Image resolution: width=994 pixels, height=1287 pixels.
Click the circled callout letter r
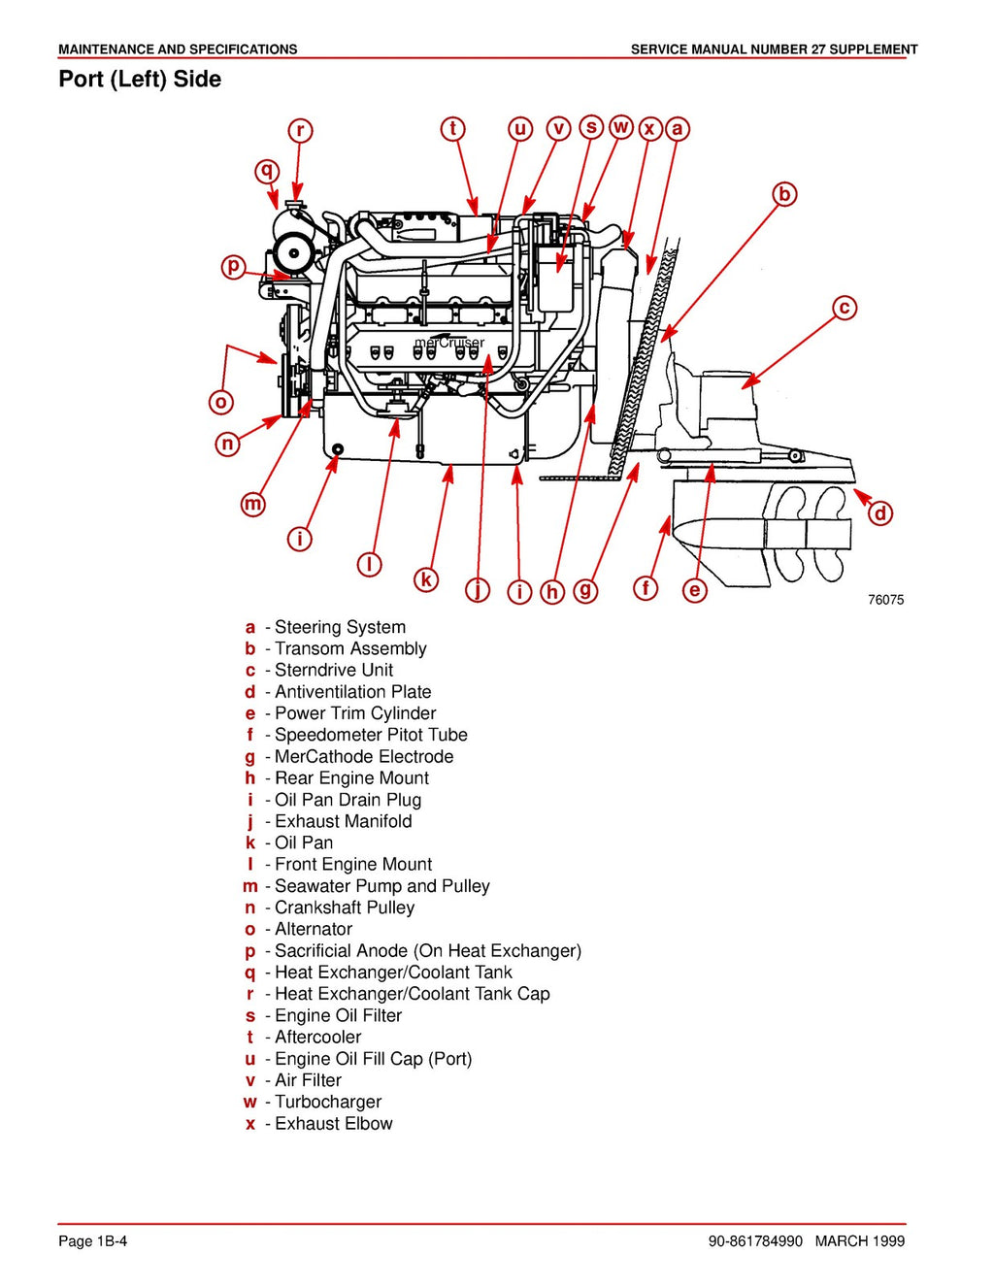[x=300, y=130]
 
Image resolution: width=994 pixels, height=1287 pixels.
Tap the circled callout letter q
[x=267, y=172]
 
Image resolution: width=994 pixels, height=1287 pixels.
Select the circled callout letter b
[x=784, y=194]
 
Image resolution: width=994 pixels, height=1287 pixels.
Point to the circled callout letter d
[x=879, y=513]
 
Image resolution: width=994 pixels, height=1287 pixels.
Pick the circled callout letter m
[x=253, y=504]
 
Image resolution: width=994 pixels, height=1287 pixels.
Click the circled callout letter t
[x=452, y=129]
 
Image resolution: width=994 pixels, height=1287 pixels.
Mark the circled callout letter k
[x=425, y=579]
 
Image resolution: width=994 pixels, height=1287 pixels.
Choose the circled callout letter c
[x=845, y=308]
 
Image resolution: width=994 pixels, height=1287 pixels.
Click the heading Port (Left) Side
[x=140, y=80]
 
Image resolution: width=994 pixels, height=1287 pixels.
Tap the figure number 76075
[x=885, y=600]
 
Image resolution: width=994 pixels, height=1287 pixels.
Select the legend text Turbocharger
[x=328, y=1102]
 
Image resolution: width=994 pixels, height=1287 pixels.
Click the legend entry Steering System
[x=340, y=627]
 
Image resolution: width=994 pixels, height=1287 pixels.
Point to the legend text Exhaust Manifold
[x=343, y=821]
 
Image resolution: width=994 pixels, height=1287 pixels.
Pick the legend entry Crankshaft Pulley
[x=345, y=907]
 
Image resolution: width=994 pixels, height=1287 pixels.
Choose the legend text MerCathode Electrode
[x=364, y=756]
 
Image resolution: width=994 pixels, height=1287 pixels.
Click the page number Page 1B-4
[x=92, y=1240]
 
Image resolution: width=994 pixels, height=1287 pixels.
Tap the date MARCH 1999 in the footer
[x=859, y=1240]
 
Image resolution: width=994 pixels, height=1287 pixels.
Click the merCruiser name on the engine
[x=448, y=343]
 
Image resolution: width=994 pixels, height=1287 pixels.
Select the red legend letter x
[x=250, y=1124]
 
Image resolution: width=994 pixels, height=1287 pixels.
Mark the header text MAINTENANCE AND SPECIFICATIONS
[x=178, y=49]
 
